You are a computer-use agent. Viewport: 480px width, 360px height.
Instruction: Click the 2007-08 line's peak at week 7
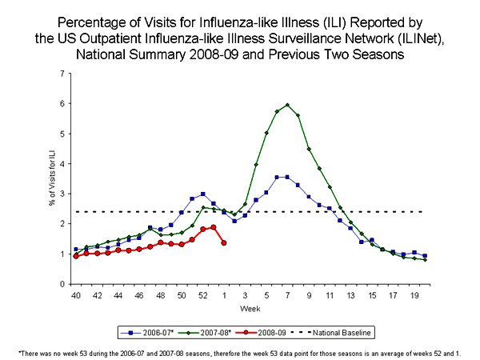[x=286, y=105]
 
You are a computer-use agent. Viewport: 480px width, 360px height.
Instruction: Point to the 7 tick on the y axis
[x=62, y=74]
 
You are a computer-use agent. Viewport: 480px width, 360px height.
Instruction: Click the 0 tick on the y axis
[x=62, y=284]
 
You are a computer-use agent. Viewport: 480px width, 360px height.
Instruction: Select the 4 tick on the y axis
[x=62, y=164]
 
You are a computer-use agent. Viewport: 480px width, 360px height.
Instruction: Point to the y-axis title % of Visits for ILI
[x=50, y=179]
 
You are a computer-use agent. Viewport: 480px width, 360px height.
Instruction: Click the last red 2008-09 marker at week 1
[x=223, y=242]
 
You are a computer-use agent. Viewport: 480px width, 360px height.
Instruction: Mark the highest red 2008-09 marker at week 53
[x=213, y=227]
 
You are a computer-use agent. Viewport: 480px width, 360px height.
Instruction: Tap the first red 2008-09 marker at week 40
[x=76, y=256]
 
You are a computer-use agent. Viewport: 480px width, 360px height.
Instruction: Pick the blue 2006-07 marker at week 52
[x=202, y=194]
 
